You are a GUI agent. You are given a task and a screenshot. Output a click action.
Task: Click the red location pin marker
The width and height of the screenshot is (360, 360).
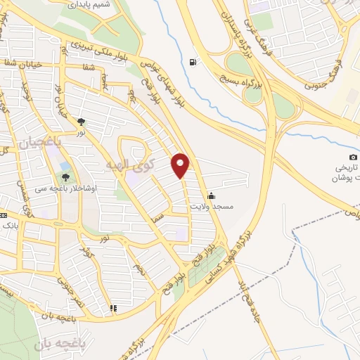point(181,165)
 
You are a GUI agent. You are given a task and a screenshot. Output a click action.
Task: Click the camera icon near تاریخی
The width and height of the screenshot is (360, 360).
point(353,156)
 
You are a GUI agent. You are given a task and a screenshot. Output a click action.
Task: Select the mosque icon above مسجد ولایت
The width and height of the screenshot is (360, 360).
point(210,196)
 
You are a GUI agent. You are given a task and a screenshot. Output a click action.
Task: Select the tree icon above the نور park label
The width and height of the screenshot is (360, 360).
point(82,121)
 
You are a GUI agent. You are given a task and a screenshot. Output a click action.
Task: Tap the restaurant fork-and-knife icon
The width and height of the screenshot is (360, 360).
point(112,308)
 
